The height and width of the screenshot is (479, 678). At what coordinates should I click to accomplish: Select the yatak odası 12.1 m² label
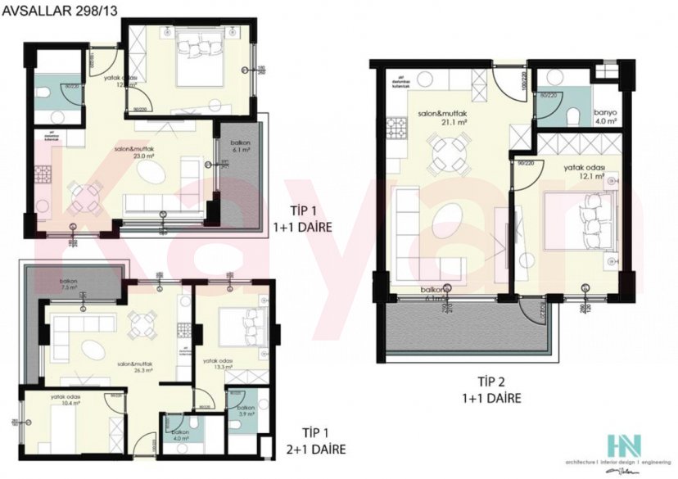pyautogui.click(x=584, y=172)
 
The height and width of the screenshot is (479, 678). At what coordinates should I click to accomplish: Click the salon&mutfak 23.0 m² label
pyautogui.click(x=133, y=151)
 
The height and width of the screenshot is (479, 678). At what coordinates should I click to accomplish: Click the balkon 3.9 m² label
pyautogui.click(x=245, y=410)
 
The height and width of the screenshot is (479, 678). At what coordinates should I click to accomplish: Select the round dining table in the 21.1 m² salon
pyautogui.click(x=449, y=151)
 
